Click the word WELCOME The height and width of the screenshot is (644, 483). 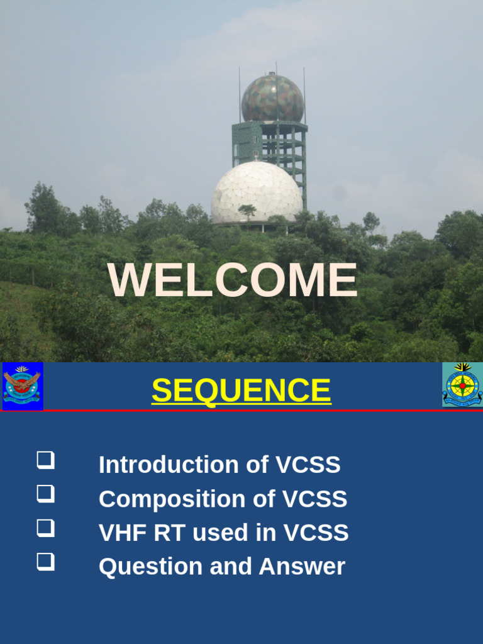tap(233, 280)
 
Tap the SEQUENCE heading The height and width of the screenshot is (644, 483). tap(241, 391)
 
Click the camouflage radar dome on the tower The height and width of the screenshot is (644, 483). tap(272, 98)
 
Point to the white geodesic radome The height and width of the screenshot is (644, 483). tap(257, 192)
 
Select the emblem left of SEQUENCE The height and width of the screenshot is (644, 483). tap(23, 386)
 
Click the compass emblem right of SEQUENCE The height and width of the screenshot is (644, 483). tap(462, 384)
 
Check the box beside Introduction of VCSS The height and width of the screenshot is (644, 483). tap(45, 460)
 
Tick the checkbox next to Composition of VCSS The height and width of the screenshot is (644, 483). tap(45, 494)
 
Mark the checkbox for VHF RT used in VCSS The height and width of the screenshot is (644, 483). tap(45, 528)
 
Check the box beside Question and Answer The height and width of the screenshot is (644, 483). tap(45, 562)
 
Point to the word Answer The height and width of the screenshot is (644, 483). tap(302, 567)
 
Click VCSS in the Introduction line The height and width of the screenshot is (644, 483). tap(308, 465)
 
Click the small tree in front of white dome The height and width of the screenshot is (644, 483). tap(247, 211)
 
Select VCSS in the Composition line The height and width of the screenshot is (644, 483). tap(314, 499)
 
